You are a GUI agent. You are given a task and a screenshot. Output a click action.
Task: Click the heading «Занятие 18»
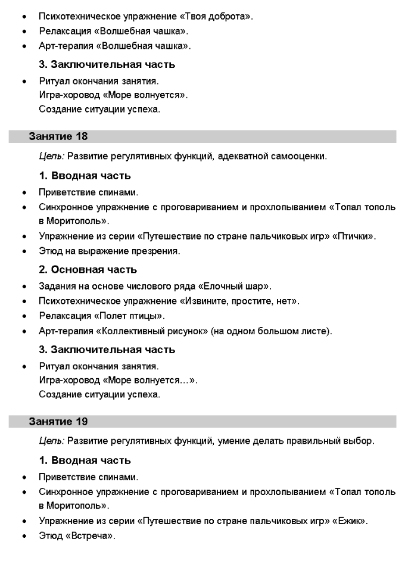58,136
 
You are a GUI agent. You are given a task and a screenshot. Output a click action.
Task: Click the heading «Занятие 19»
58,422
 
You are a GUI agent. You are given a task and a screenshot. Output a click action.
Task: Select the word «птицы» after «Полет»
146,316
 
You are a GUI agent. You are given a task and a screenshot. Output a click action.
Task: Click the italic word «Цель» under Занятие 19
51,441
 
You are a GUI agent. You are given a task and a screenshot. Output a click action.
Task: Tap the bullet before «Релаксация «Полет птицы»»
23,316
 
